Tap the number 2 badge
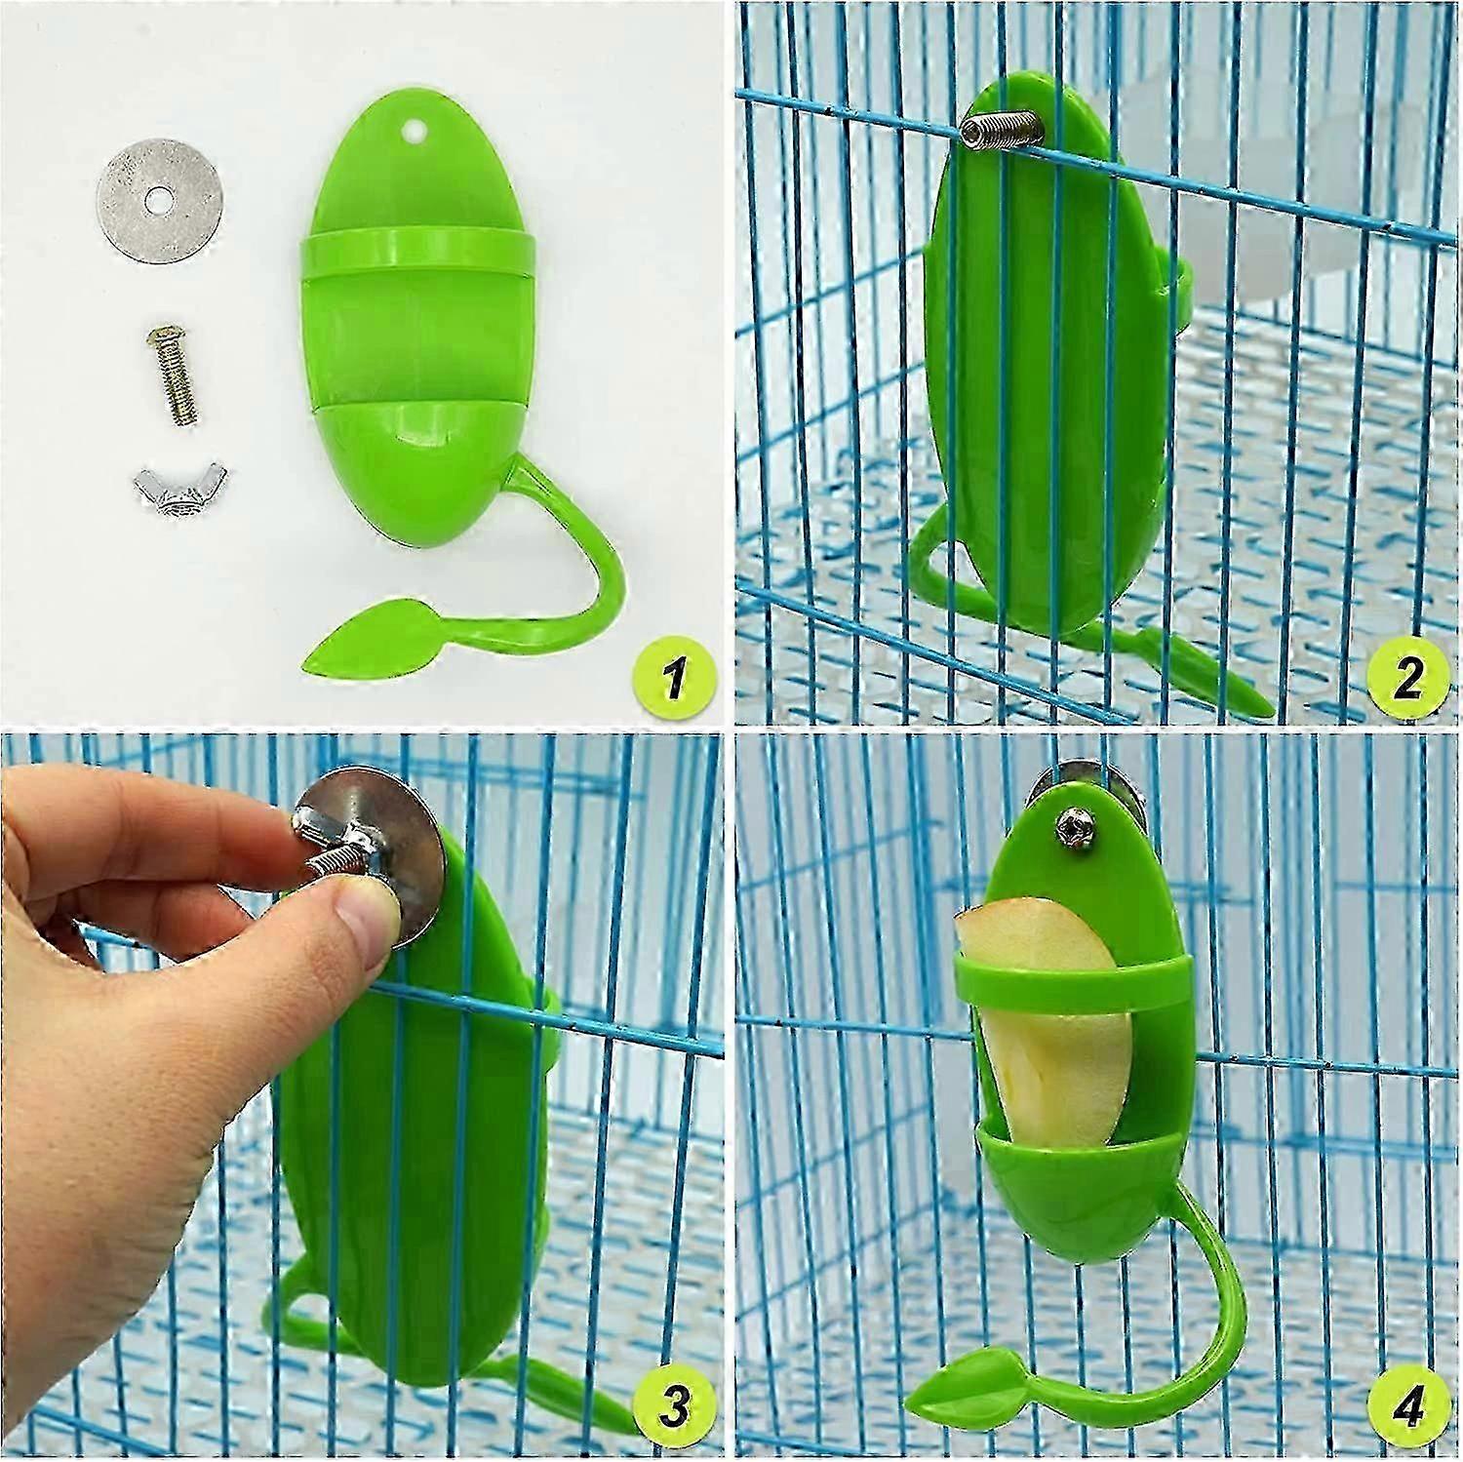pos(1405,677)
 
